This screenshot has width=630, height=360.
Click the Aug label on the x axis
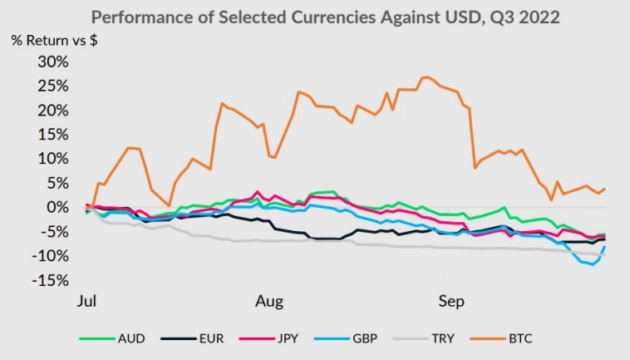pyautogui.click(x=273, y=301)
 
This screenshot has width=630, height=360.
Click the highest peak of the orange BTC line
pyautogui.click(x=426, y=77)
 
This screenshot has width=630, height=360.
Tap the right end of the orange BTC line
pyautogui.click(x=604, y=189)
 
